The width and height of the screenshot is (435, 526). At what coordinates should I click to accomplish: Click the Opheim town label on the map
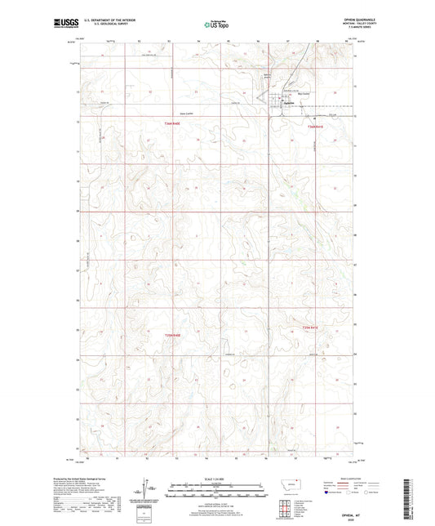[287, 103]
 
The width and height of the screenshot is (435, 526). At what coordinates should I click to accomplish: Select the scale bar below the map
[217, 493]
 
